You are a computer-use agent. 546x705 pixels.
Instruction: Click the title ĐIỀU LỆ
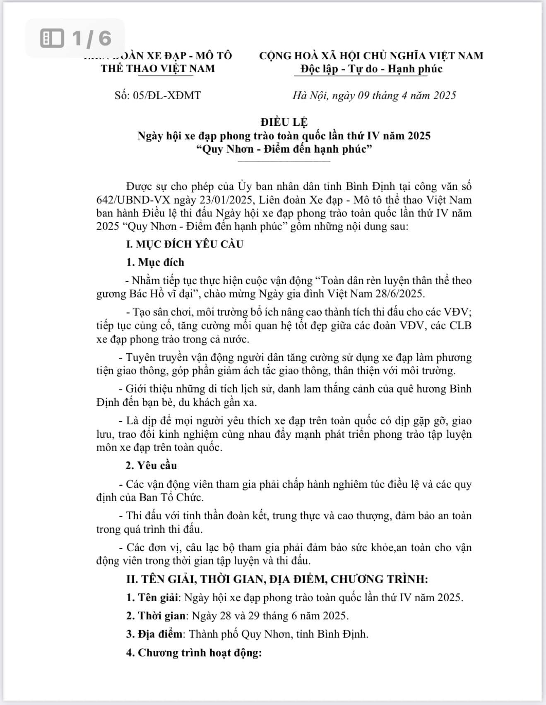coord(284,122)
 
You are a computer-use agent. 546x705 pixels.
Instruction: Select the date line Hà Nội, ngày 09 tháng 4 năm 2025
coord(374,96)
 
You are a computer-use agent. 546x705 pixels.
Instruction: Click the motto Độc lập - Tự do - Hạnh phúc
coord(371,69)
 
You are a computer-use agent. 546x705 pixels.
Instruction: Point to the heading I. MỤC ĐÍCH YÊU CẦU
coord(185,244)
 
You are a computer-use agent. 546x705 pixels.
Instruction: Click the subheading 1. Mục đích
coord(155,262)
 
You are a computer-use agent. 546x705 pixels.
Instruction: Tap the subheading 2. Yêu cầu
coord(152,465)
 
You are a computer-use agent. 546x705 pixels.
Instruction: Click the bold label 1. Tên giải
coord(153,597)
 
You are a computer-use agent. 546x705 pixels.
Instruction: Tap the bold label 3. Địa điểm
coord(154,634)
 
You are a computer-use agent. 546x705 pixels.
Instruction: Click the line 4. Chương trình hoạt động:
coord(194,652)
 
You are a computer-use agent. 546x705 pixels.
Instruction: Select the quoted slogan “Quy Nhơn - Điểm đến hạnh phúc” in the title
coord(284,149)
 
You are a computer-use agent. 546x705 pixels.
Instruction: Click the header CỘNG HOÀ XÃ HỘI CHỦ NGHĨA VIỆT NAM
coord(371,56)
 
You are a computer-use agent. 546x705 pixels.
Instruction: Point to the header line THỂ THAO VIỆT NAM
coord(158,69)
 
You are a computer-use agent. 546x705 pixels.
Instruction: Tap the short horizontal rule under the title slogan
coord(284,161)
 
